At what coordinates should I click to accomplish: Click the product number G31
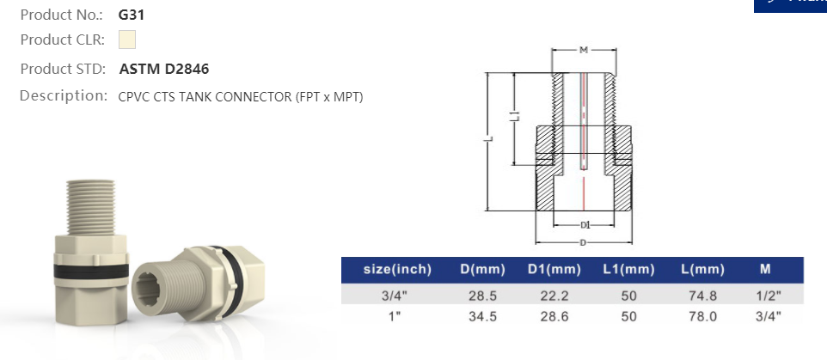point(131,15)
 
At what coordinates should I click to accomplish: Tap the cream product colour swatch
point(126,40)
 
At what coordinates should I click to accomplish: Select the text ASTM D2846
point(163,69)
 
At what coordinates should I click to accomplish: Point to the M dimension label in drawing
point(583,51)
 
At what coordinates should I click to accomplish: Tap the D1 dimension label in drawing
point(585,224)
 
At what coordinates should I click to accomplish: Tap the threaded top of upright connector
point(95,203)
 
